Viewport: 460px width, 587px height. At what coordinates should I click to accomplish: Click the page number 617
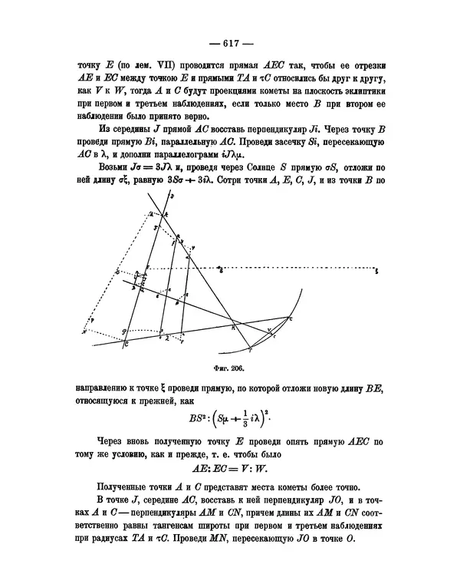(230, 43)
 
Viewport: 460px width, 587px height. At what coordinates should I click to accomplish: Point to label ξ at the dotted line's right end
(376, 270)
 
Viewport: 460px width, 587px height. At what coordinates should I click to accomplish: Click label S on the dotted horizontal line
(221, 270)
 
